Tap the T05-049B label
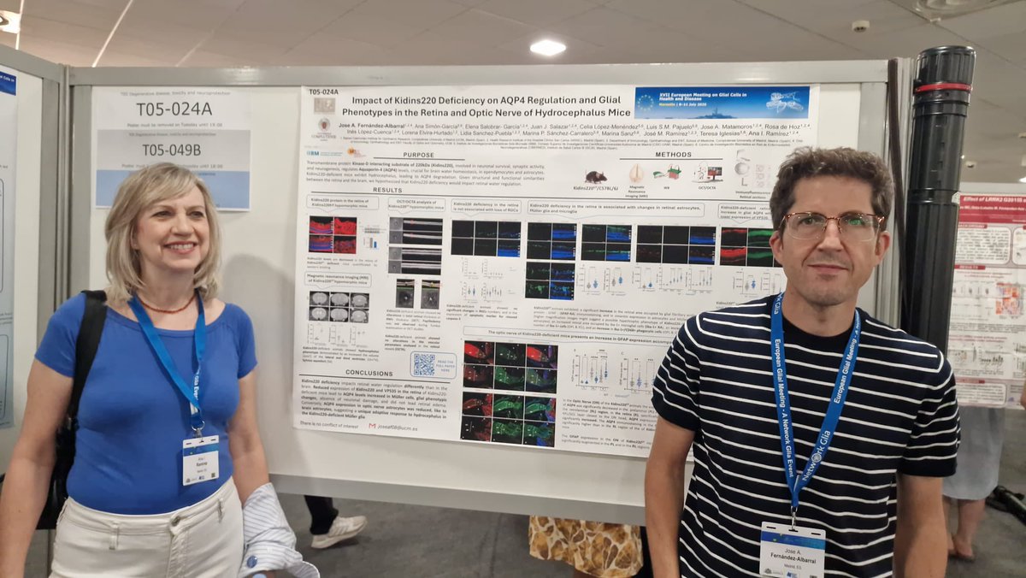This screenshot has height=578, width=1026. coord(171,150)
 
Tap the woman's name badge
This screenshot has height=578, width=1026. coord(201,459)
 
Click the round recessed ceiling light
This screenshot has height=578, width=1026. coord(547,48)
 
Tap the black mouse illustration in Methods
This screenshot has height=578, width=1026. coord(596,176)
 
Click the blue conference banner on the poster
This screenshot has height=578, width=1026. coord(722,103)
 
